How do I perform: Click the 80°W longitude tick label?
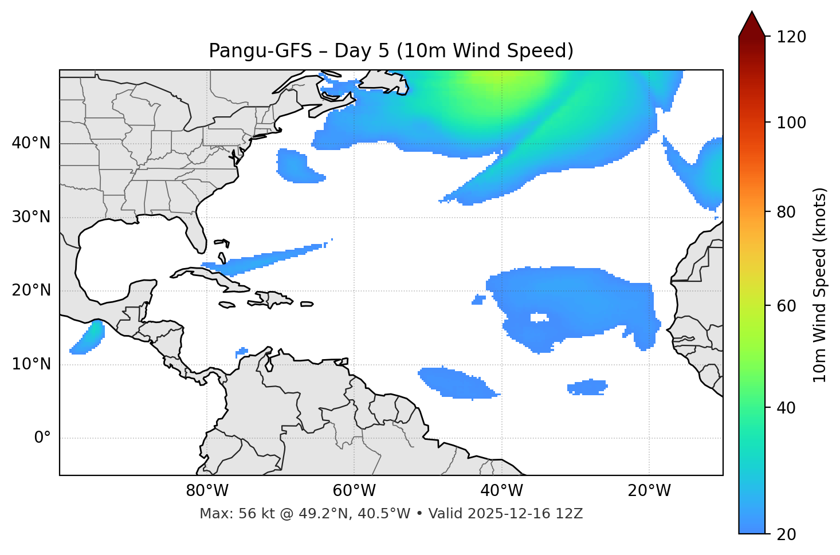coord(207,491)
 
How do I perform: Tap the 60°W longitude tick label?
coord(354,491)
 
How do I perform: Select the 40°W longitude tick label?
coord(501,491)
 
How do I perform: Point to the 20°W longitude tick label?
coord(649,491)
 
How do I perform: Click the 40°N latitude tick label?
coord(31,143)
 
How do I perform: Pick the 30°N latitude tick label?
coord(31,217)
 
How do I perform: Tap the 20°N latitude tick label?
coord(31,291)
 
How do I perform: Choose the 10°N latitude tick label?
coord(31,364)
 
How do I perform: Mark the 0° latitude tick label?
coord(42,438)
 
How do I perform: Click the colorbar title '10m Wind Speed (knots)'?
coord(820,285)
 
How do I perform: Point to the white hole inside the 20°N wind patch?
coord(539,317)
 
